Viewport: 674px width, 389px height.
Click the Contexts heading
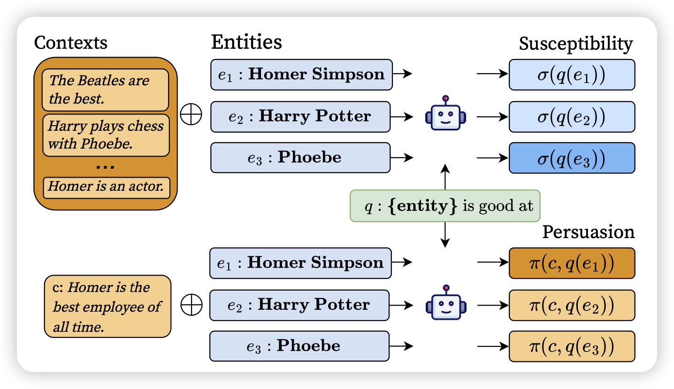pos(71,43)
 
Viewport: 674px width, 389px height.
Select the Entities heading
pos(246,42)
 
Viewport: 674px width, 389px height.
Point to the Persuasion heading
pos(588,232)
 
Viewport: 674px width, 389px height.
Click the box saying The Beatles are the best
pos(105,90)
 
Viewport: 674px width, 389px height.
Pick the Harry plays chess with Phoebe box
pos(106,135)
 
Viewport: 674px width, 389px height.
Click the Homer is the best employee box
pos(107,306)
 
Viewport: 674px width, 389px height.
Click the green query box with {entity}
pos(445,206)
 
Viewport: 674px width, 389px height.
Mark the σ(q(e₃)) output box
pos(572,157)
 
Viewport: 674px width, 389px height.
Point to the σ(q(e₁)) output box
pos(572,75)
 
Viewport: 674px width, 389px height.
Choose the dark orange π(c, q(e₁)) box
pos(572,263)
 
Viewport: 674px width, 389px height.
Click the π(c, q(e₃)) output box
pos(572,346)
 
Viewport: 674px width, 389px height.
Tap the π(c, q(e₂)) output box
pos(572,305)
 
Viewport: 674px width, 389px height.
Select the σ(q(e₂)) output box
pos(572,116)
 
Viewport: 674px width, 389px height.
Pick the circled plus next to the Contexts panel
pos(191,115)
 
